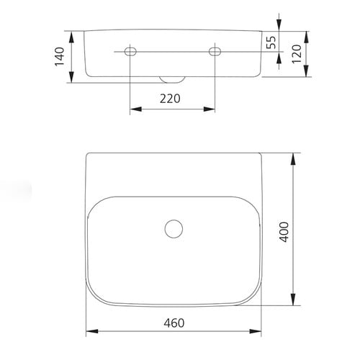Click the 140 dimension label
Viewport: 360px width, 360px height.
pyautogui.click(x=60, y=56)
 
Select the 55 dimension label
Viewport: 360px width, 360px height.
pyautogui.click(x=271, y=42)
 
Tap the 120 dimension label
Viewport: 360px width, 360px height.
pyautogui.click(x=297, y=54)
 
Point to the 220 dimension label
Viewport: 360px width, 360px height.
pyautogui.click(x=170, y=99)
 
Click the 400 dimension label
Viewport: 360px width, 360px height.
pyautogui.click(x=284, y=232)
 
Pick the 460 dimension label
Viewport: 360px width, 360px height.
pyautogui.click(x=174, y=323)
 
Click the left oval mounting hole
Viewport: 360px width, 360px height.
pyautogui.click(x=130, y=51)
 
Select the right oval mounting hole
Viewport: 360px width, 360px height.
pyautogui.click(x=215, y=51)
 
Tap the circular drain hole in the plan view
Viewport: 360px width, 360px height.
pyautogui.click(x=174, y=229)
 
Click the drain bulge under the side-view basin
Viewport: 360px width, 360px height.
pyautogui.click(x=172, y=80)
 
